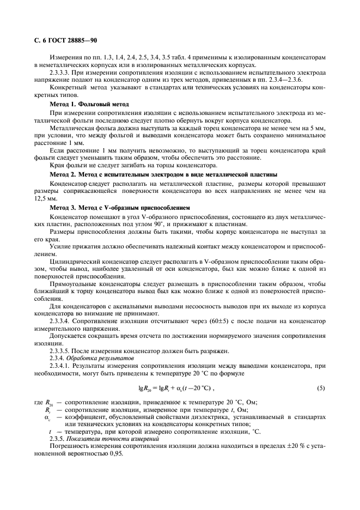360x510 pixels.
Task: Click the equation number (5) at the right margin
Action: point(321,387)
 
